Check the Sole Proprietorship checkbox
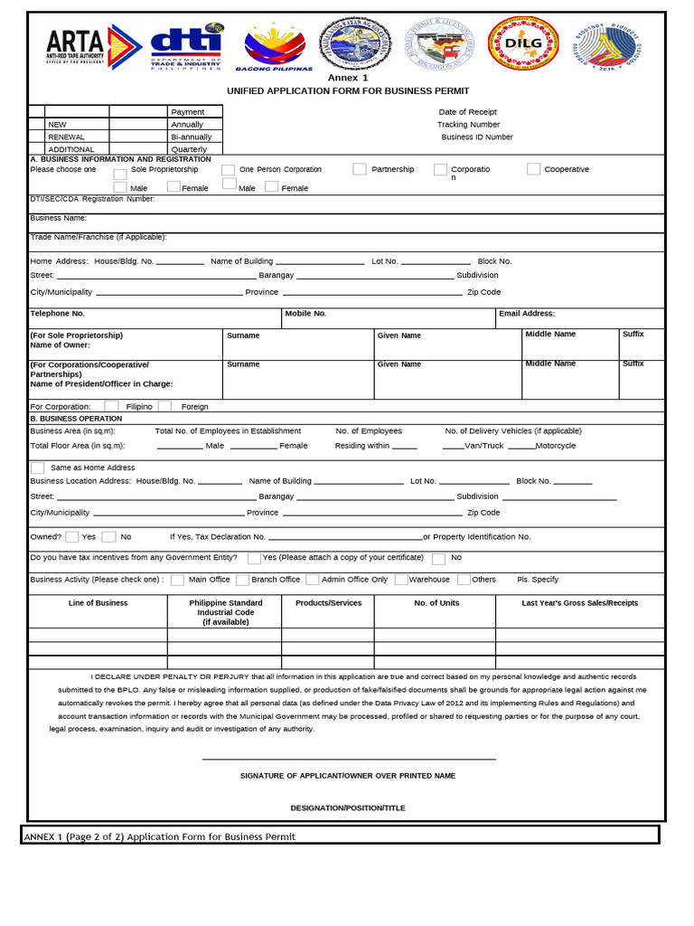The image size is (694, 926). coord(120,174)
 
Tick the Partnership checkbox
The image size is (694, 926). coord(360,169)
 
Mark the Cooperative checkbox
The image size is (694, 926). coord(534,169)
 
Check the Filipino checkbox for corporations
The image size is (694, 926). coord(112,406)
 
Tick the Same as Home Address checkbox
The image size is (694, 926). coord(38,468)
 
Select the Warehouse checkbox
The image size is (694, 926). coord(401,580)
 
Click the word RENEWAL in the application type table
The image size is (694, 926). coord(66,137)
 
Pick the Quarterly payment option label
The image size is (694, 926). coord(189,149)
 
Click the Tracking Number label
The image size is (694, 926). coord(468,124)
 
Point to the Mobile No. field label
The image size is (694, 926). coord(305,313)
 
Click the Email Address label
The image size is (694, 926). coord(526,313)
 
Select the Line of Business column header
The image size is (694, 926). coord(98,602)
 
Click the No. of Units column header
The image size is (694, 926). coord(436,602)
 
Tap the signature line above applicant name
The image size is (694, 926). coord(349,759)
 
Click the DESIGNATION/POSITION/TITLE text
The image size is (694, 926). coord(348,807)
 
